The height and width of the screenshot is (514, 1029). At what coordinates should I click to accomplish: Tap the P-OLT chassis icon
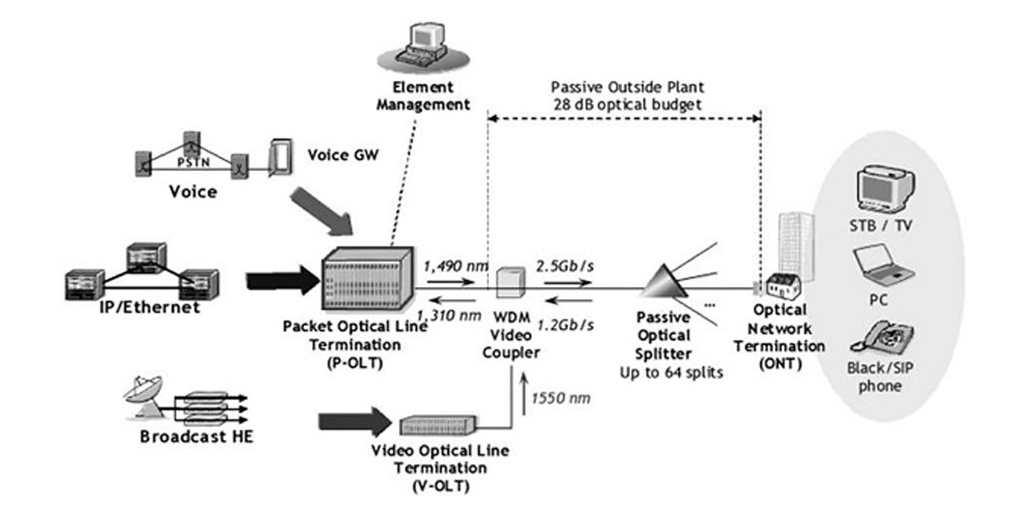click(366, 280)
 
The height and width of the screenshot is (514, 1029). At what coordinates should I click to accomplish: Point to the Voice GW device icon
click(279, 156)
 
